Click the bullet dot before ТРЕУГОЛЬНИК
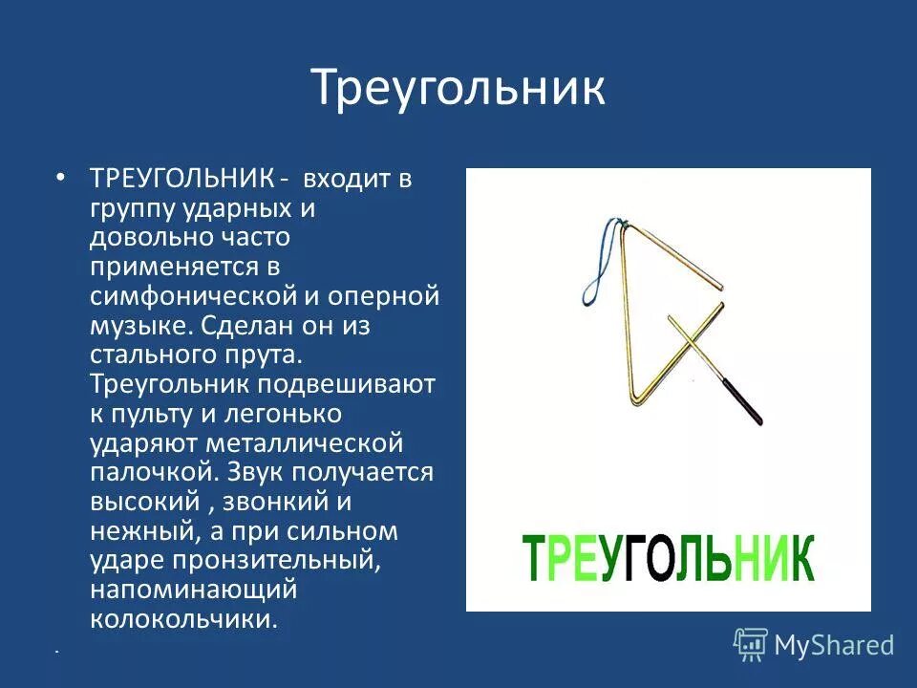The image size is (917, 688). click(60, 179)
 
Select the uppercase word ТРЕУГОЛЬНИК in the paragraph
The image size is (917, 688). click(181, 179)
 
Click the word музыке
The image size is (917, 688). click(141, 326)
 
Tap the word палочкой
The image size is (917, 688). click(150, 473)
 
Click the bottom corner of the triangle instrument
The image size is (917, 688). click(638, 399)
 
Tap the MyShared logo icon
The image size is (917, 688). click(751, 644)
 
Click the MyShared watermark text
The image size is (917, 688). click(834, 645)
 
